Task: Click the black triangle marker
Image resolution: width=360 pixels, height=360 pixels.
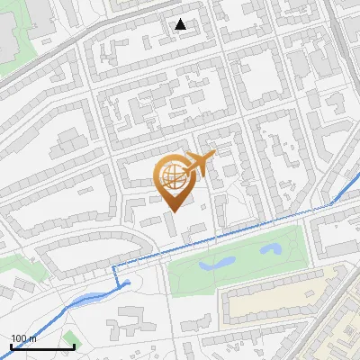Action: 181,24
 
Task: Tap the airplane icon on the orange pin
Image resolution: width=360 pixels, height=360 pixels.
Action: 200,163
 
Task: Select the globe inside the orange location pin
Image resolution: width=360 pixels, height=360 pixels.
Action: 171,176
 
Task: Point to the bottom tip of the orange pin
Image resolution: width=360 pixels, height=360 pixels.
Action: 173,211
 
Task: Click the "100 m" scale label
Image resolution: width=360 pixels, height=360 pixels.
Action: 23,338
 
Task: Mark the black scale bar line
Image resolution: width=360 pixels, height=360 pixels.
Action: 41,346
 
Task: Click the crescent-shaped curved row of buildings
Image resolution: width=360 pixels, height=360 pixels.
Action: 90,247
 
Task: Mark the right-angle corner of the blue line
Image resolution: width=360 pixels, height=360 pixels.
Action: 114,268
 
